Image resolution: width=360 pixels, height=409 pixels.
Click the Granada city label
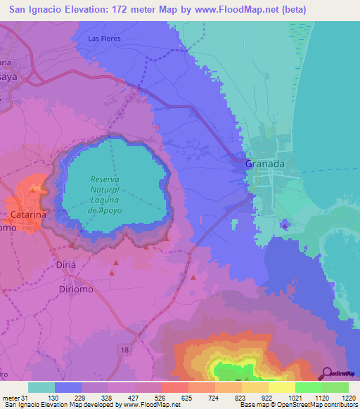click(x=266, y=163)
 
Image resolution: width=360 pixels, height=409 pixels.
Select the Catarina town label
click(x=28, y=214)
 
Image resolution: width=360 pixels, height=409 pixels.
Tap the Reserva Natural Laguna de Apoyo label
click(x=106, y=195)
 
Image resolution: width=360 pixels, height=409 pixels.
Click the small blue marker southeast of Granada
click(x=284, y=225)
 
